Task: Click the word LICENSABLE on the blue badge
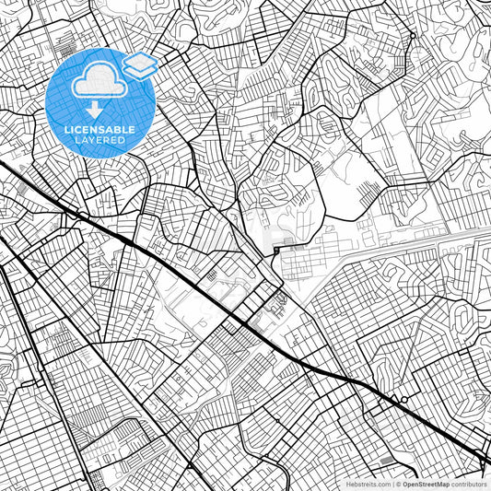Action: (x=99, y=130)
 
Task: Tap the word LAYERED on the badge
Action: (x=99, y=141)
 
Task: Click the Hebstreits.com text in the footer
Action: (x=368, y=483)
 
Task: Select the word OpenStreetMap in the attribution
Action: (x=425, y=483)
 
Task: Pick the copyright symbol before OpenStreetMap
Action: (x=396, y=483)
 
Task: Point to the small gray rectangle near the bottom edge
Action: (x=384, y=459)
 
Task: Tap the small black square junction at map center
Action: (x=276, y=250)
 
